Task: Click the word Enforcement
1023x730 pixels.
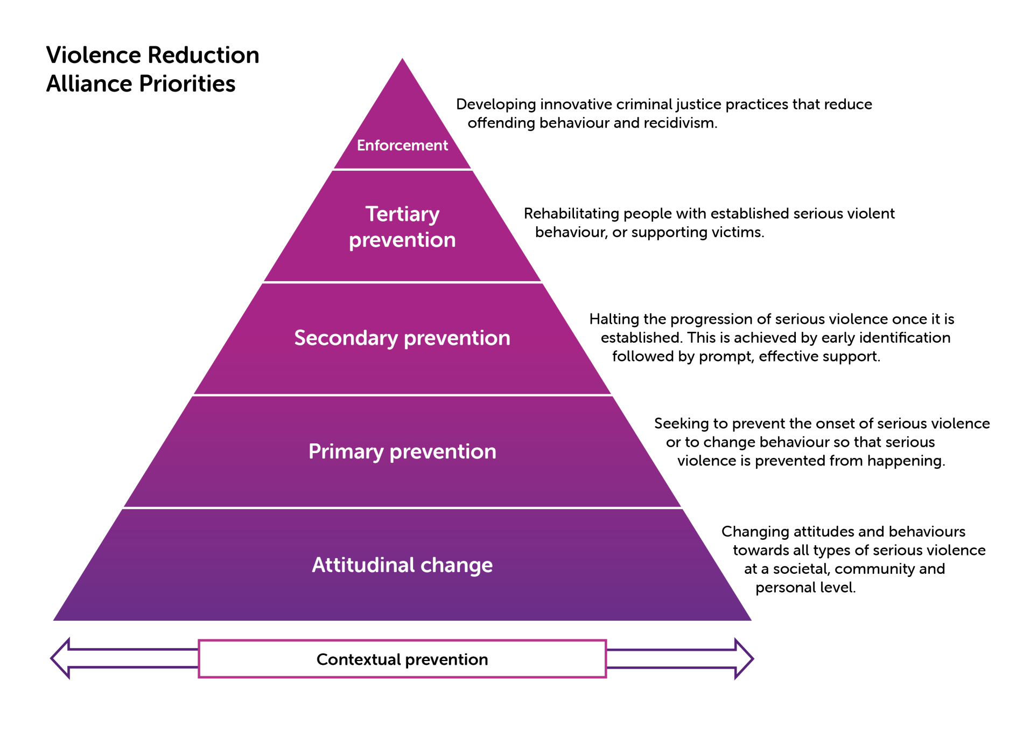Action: coord(402,145)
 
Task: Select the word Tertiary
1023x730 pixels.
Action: coord(402,214)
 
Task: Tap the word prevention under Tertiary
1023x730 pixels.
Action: coord(402,240)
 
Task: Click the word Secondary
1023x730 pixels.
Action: coord(346,338)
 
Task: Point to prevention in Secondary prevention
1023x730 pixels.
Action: coord(457,338)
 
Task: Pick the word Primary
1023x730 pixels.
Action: coord(346,451)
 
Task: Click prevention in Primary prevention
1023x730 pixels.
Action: coord(443,451)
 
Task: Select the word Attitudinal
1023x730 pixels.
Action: coord(363,565)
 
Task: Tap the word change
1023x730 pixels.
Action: coord(457,566)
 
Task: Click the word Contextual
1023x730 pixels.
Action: coord(359,659)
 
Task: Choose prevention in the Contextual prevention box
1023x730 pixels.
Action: coord(446,659)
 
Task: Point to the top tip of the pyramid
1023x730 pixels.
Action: coord(402,60)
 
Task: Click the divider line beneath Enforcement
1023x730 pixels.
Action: coord(402,169)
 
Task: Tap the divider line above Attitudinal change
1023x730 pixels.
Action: coord(402,507)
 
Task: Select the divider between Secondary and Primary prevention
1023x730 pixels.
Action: coord(402,395)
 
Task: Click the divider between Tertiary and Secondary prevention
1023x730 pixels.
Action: coord(402,282)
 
